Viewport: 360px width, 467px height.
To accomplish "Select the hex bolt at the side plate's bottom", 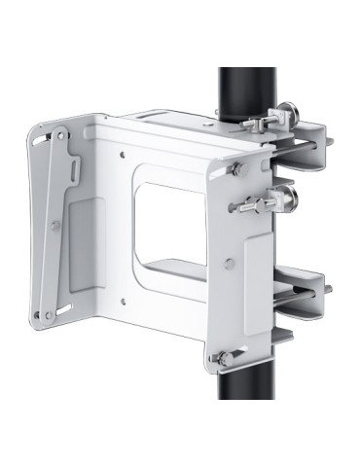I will (x=225, y=361).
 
